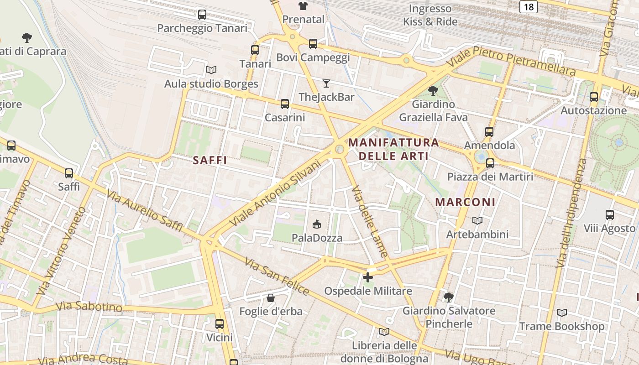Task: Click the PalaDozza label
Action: point(317,238)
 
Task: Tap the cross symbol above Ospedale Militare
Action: point(367,277)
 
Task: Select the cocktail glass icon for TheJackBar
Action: point(326,83)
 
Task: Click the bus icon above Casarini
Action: point(285,104)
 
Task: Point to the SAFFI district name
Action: point(210,161)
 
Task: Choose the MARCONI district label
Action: point(465,202)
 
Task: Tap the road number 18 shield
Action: point(528,6)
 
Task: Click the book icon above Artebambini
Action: point(477,221)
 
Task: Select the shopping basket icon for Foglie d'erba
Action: point(271,298)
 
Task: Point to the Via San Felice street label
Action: point(277,276)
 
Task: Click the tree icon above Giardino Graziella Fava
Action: point(433,90)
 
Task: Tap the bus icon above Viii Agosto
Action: point(609,214)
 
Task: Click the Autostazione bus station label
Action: point(593,110)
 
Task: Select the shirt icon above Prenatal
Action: point(303,6)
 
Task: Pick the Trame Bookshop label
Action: point(561,326)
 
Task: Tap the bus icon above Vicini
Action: point(220,324)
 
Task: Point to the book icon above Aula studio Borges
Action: point(211,70)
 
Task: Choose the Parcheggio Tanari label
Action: point(202,28)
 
